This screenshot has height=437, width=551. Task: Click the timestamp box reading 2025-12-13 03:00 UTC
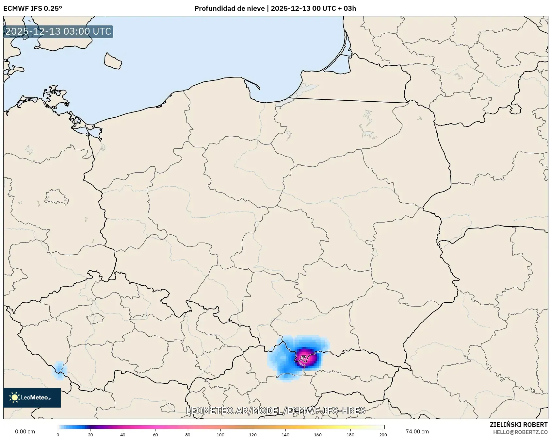tap(58, 31)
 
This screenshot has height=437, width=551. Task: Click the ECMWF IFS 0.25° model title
tap(33, 8)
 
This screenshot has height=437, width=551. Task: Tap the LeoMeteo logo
tap(32, 397)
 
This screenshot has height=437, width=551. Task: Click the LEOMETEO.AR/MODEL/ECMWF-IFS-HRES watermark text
tap(275, 411)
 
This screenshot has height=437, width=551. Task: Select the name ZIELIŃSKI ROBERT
tap(518, 425)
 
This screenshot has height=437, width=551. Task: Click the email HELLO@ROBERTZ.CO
tap(520, 432)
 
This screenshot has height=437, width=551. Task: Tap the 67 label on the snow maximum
tap(303, 357)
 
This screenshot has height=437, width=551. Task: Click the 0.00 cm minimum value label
tap(25, 431)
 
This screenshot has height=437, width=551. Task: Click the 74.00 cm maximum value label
tap(417, 431)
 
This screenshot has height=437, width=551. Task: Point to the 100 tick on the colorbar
tap(220, 435)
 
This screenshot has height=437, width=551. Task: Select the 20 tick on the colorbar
tap(90, 435)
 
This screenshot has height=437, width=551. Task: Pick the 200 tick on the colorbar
tap(383, 435)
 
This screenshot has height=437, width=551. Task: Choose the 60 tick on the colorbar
tap(155, 435)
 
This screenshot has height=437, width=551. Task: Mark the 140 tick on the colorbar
tap(285, 435)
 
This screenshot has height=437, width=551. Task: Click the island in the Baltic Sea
tap(113, 61)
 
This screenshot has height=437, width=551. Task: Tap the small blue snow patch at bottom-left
tap(59, 370)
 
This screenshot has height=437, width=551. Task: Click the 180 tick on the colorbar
tap(350, 435)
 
